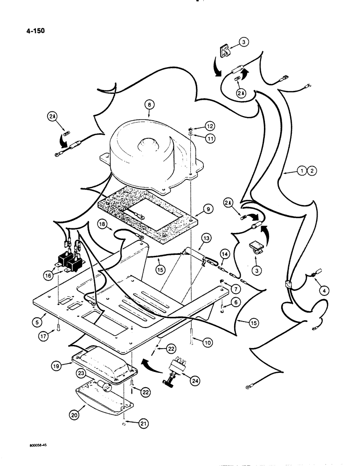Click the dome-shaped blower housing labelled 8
tap(149, 144)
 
